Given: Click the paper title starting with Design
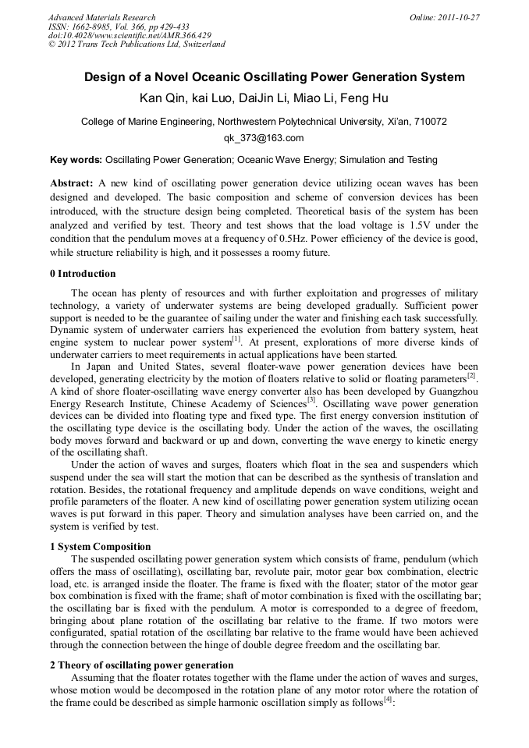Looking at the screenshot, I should tap(264, 77).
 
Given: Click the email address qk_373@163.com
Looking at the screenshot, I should tap(264, 138).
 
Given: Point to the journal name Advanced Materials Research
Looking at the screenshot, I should tap(102, 17).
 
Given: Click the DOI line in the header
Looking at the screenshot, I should tap(130, 35).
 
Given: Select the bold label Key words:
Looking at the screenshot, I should tap(76, 160).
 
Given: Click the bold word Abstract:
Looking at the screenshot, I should tap(72, 183).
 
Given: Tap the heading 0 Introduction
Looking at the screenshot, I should tap(83, 274).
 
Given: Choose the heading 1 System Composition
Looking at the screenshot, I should tap(100, 546).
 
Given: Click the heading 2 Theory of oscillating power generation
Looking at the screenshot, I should tap(141, 665).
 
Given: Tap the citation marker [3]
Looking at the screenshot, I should tap(311, 401).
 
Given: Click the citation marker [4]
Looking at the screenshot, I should tap(388, 700).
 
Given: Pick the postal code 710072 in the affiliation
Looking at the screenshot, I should tap(429, 122).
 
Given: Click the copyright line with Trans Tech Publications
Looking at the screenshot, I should tap(137, 44).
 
